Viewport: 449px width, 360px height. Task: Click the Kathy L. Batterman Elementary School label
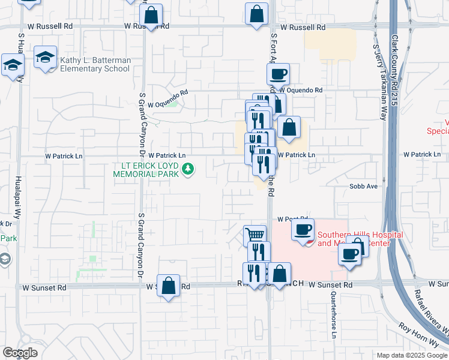(94, 64)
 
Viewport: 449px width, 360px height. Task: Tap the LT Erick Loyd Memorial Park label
(146, 170)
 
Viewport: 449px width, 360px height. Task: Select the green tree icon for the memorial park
(188, 170)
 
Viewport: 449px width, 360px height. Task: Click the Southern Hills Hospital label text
(354, 239)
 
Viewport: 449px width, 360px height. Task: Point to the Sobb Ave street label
(363, 187)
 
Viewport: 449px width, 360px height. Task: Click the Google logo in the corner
(20, 353)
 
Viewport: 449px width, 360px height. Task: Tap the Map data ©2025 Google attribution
(411, 355)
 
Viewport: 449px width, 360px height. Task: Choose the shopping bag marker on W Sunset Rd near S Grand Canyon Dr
(168, 285)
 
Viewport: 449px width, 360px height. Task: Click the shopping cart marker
(255, 235)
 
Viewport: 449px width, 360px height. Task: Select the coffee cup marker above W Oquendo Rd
(278, 74)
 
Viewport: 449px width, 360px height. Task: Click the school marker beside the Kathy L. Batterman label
(46, 57)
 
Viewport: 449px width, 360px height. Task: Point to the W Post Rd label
(292, 220)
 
